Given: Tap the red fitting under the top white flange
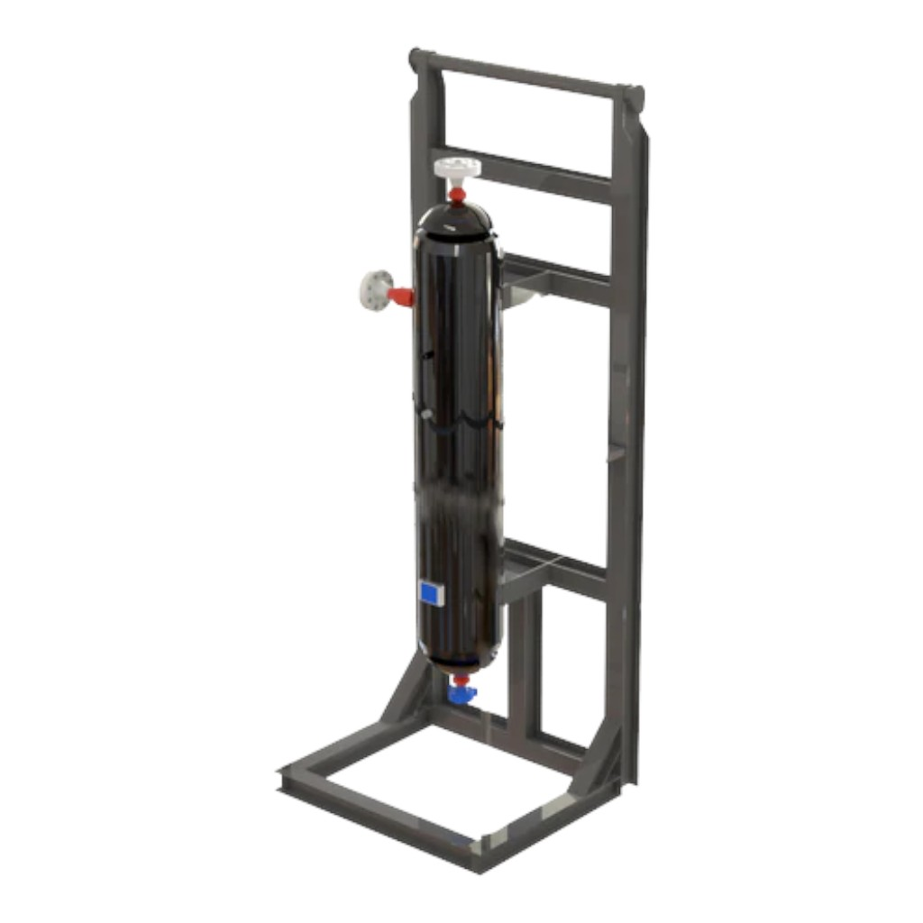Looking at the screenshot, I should [458, 193].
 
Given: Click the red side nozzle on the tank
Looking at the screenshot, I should [401, 296].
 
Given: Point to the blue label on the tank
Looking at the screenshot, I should [431, 592].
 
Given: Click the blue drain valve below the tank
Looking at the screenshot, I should [462, 693].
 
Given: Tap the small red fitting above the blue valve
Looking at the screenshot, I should [461, 678].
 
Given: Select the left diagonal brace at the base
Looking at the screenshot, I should [402, 694].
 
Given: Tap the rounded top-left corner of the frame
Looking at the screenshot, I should [417, 59].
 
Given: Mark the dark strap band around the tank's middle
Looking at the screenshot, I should [458, 415].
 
